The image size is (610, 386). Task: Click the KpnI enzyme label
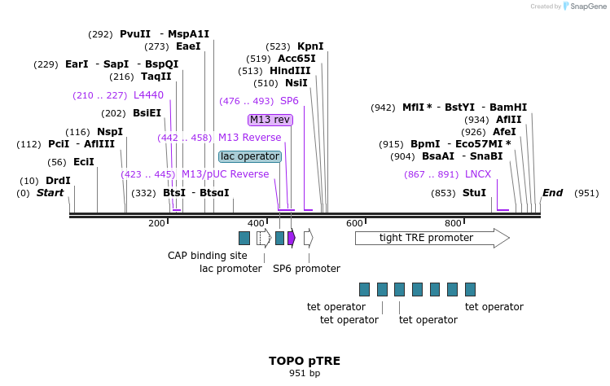click(x=310, y=46)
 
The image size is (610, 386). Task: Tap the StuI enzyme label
click(x=474, y=193)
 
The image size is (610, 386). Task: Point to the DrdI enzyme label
click(x=58, y=181)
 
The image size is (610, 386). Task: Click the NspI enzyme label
click(x=110, y=132)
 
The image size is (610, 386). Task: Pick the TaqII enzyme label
click(x=156, y=77)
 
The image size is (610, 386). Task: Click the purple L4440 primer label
click(x=148, y=95)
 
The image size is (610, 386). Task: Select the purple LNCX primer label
click(x=478, y=174)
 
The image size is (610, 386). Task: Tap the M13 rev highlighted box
click(x=270, y=120)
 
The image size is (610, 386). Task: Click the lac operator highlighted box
click(x=250, y=156)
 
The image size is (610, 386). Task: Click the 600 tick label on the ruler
click(x=354, y=223)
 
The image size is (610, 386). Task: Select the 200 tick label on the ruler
click(x=156, y=223)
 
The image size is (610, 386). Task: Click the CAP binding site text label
click(x=208, y=256)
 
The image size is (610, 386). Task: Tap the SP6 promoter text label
click(x=306, y=268)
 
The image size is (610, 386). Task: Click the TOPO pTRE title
click(x=305, y=360)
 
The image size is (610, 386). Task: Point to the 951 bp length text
click(x=305, y=374)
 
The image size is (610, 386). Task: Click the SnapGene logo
click(x=586, y=7)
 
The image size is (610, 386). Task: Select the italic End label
click(x=552, y=193)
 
